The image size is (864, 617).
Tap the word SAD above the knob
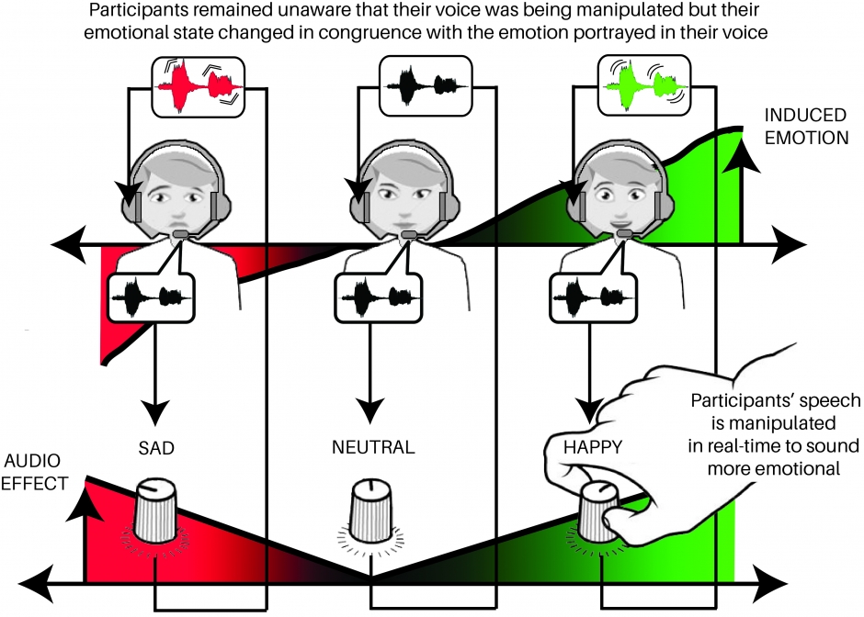[153, 448]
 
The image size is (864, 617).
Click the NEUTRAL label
[373, 448]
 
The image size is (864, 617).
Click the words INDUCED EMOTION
[805, 127]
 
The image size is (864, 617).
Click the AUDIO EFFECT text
[35, 471]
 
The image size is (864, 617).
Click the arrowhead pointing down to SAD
[153, 410]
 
